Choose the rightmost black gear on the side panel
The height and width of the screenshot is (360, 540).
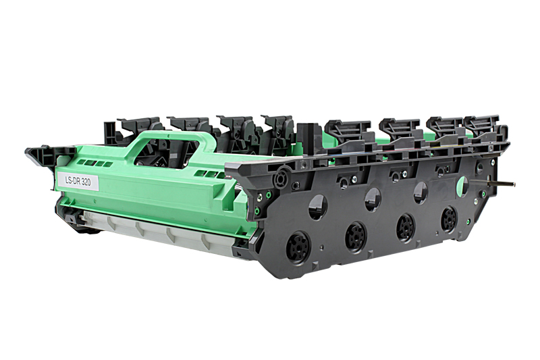pos(449,219)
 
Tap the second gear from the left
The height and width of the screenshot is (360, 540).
pos(356,236)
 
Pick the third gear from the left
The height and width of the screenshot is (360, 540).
pos(406,226)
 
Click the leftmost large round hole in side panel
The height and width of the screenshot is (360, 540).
pos(318,207)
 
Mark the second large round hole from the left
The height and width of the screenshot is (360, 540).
pos(372,199)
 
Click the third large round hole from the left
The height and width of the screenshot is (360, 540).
pos(420,191)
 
